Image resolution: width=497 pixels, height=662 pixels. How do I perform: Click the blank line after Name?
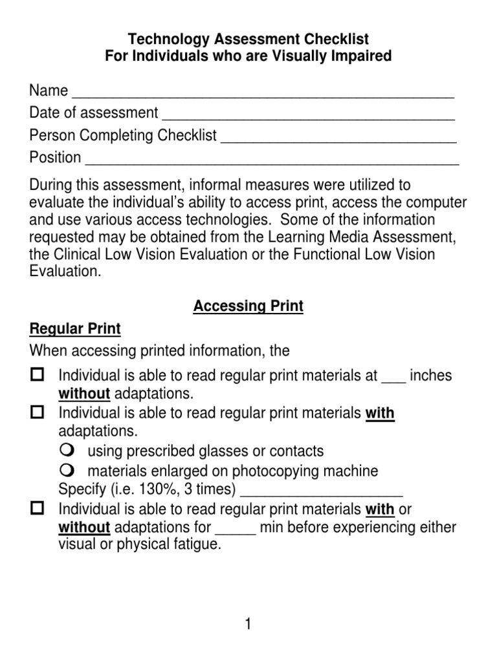click(x=262, y=92)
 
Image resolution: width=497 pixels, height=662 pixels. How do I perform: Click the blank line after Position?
click(x=272, y=160)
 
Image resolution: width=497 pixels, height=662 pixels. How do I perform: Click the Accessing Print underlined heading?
click(x=248, y=306)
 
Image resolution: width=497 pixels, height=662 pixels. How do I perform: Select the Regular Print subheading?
click(x=75, y=328)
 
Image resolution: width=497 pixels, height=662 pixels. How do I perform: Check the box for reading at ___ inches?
click(x=38, y=374)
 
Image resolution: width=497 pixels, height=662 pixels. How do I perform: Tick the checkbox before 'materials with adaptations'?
click(x=38, y=411)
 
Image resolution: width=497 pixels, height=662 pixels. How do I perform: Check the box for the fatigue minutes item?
click(x=38, y=508)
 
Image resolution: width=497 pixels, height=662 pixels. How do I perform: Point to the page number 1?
click(x=248, y=624)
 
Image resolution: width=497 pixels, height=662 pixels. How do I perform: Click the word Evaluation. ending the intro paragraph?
click(x=65, y=272)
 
